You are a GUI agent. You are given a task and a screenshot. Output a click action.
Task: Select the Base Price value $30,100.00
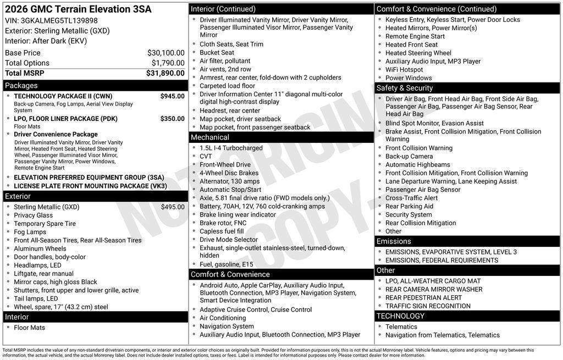(165, 53)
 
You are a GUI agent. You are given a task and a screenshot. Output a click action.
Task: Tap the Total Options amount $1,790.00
(168, 63)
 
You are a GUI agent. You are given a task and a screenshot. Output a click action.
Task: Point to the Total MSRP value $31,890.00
(165, 73)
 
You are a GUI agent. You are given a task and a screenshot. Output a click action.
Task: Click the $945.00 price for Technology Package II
(172, 96)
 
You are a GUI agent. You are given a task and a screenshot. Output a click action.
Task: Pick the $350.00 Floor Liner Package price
(172, 119)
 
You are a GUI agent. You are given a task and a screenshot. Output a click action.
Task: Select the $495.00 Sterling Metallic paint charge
(173, 207)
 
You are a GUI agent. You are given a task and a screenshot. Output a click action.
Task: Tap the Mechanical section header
(210, 137)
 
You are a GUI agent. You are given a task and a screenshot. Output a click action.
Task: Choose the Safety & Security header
(405, 88)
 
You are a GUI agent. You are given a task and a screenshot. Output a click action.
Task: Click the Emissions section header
(394, 241)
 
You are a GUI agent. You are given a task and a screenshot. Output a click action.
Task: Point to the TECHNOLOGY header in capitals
(400, 316)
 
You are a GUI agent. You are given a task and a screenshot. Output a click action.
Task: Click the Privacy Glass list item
(34, 215)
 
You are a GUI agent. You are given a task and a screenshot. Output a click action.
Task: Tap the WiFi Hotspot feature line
(404, 70)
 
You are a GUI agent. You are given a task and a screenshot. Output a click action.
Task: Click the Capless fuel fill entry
(222, 231)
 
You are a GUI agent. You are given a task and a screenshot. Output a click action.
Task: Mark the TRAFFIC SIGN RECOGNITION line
(428, 306)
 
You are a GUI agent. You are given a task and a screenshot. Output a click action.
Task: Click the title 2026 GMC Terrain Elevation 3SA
(78, 9)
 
